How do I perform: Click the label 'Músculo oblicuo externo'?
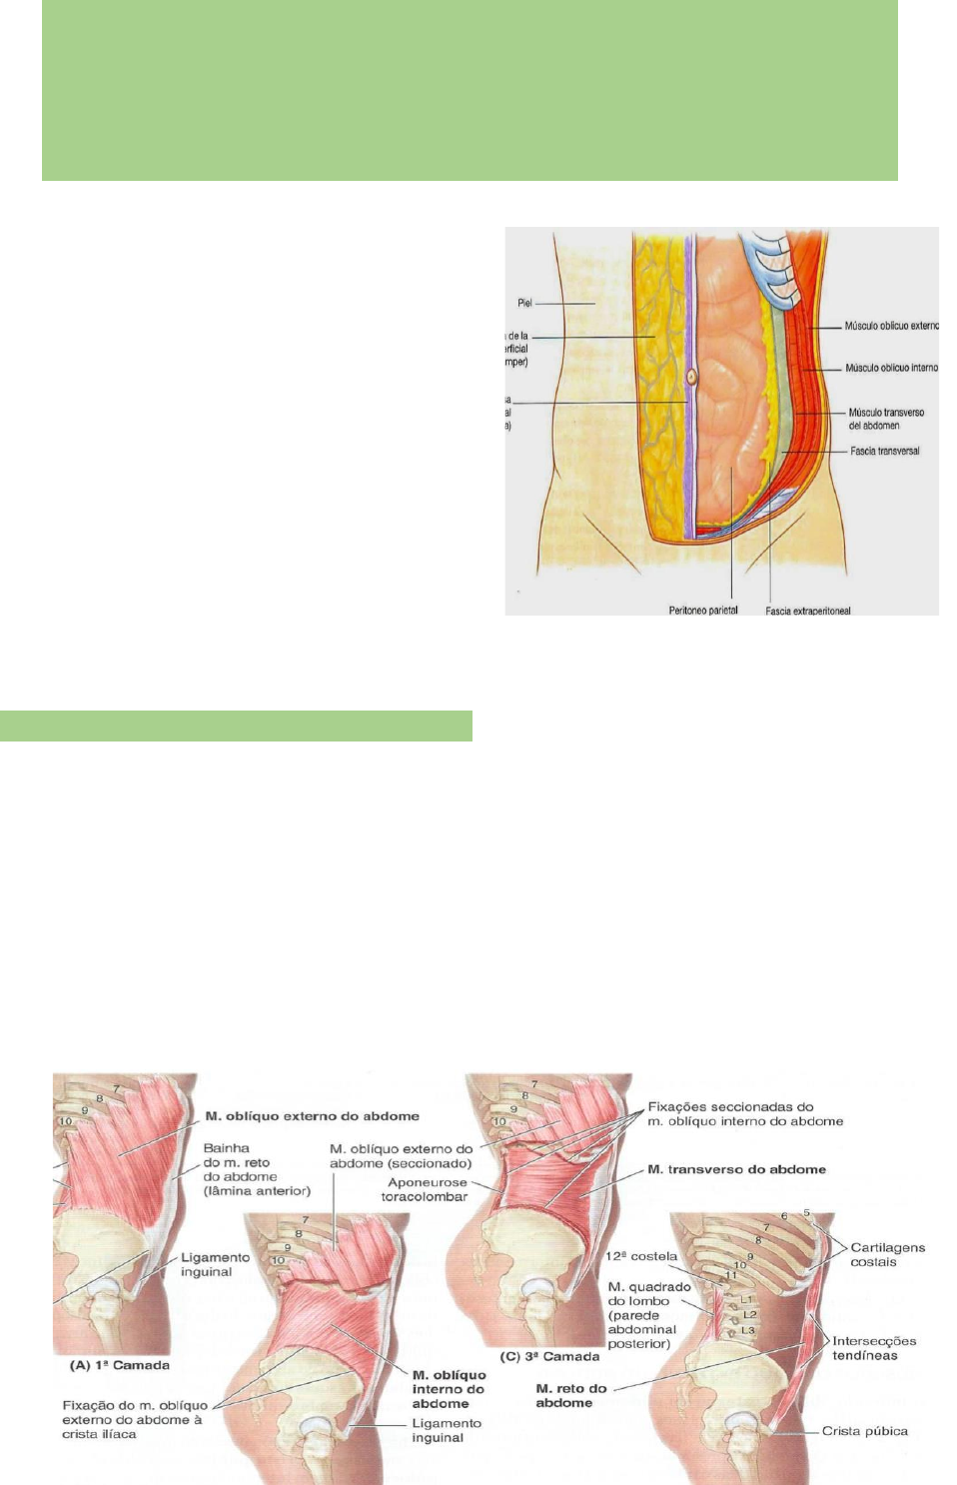pos(891,326)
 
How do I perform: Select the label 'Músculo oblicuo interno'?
pos(891,368)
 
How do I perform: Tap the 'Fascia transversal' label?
pos(884,451)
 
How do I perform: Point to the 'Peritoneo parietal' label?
pos(703,610)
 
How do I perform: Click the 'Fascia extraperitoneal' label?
pos(808,611)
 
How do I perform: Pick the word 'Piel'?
pos(524,303)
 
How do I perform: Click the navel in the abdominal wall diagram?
pos(690,378)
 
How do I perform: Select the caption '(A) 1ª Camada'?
pos(119,1365)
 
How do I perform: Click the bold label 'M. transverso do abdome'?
pos(736,1169)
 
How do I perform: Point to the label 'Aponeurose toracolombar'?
pos(426,1189)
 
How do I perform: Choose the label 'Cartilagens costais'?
pos(887,1254)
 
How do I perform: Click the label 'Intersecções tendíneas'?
pos(873,1348)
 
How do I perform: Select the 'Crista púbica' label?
pos(864,1431)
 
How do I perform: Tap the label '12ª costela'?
pos(640,1256)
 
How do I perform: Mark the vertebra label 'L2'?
pos(749,1315)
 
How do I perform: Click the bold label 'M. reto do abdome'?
pos(569,1395)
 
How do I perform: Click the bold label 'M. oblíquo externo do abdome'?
pos(312,1116)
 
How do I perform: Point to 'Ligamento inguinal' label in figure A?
pos(214,1264)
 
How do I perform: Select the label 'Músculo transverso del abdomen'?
pos(885,419)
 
